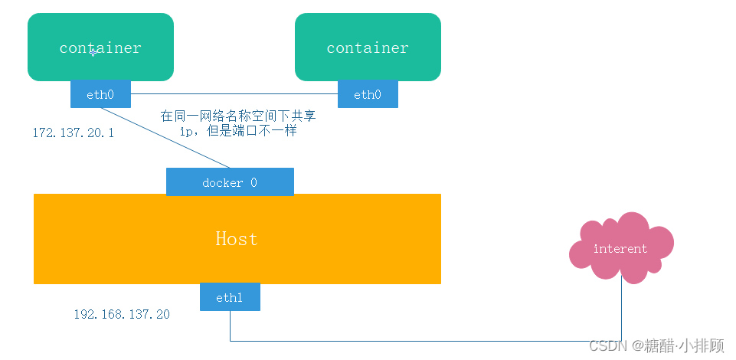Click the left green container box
tap(100, 31)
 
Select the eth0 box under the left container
tap(100, 94)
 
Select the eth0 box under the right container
tap(368, 94)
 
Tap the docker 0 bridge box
tap(230, 182)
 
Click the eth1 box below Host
tap(230, 297)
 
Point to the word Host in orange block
tap(237, 239)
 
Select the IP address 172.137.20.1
tap(74, 133)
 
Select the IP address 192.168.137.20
tap(122, 315)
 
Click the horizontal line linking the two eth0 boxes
tap(234, 94)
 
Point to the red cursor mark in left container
tap(92, 51)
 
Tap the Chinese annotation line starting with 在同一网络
tap(237, 116)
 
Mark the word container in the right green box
tap(368, 47)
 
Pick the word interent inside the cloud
tap(620, 249)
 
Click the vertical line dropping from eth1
tap(231, 326)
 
